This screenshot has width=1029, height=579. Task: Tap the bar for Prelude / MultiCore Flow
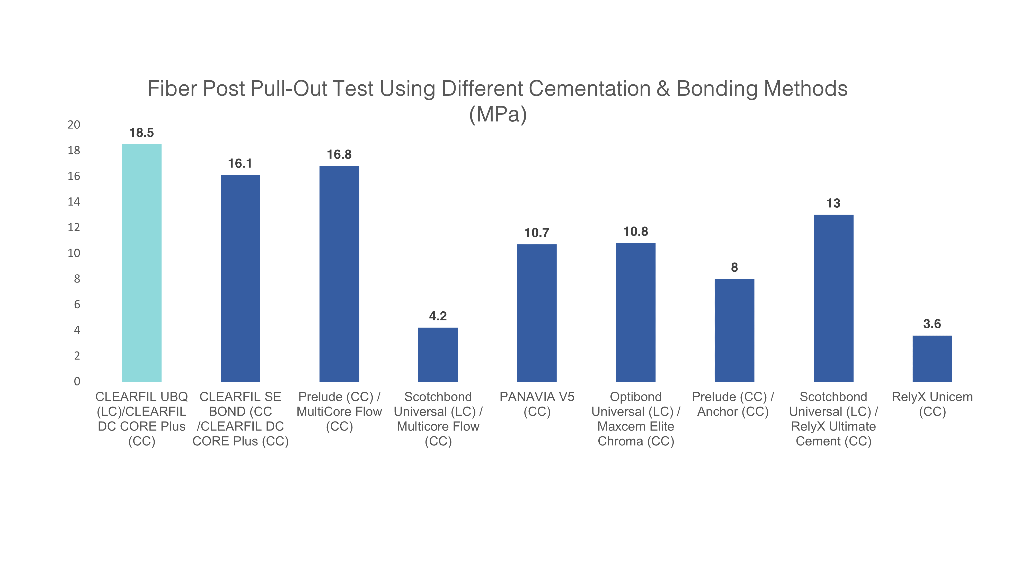click(339, 274)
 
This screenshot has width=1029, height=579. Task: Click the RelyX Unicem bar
click(932, 358)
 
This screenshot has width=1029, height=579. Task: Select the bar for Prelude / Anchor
click(734, 330)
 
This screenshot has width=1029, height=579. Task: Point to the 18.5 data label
click(141, 133)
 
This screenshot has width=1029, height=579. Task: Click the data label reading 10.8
click(635, 231)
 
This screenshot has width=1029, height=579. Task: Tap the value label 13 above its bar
click(833, 203)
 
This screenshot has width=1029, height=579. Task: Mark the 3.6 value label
click(932, 324)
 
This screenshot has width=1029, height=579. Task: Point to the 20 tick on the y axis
click(74, 125)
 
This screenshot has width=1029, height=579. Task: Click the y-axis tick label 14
click(74, 202)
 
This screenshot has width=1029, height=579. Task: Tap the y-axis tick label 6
click(77, 304)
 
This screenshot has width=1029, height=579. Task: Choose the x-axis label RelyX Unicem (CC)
click(932, 404)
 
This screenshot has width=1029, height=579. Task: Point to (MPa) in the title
click(498, 114)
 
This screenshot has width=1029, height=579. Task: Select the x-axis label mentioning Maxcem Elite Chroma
click(635, 419)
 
